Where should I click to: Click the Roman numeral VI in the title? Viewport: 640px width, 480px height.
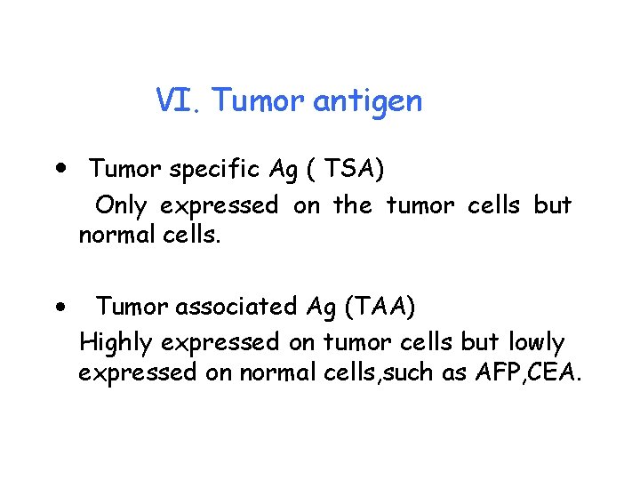point(180,100)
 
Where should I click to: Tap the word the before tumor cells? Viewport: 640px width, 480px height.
point(352,204)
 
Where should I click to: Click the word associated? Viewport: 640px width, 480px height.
point(236,307)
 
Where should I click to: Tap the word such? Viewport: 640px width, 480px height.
point(415,372)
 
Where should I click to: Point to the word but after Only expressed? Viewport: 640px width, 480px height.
point(552,204)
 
